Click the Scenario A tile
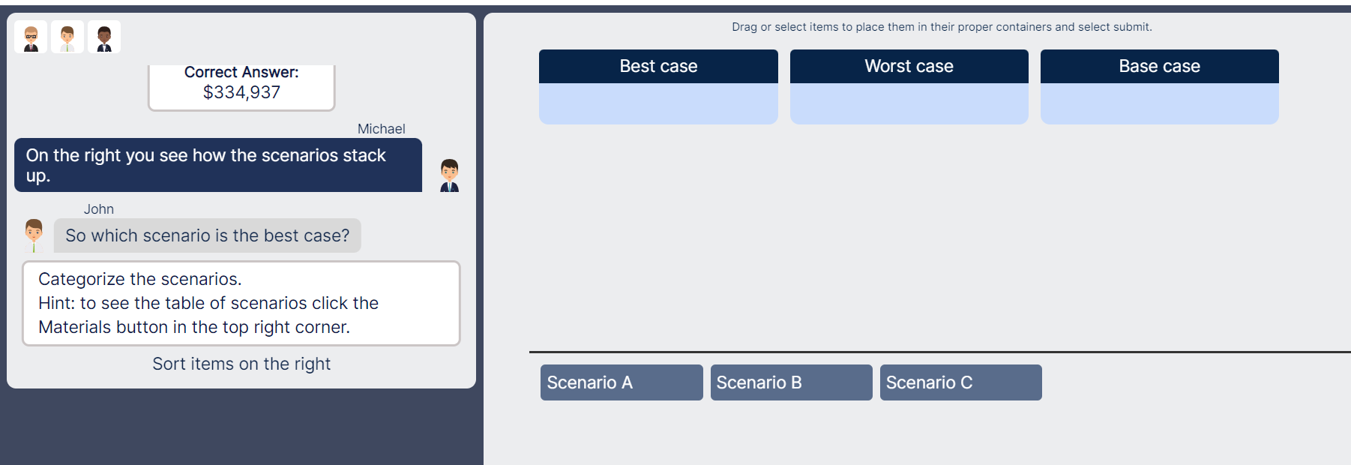621,382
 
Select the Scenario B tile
791,382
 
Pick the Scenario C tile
960,382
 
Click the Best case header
658,66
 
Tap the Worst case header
909,66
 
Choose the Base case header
1159,66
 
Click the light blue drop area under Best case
658,103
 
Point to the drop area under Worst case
909,103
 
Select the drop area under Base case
1159,103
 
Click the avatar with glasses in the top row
31,37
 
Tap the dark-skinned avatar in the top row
104,37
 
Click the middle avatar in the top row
67,37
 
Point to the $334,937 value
241,92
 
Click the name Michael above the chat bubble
381,129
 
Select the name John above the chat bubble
98,209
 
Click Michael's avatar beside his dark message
449,175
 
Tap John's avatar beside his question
34,235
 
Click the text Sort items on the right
241,364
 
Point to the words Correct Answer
241,72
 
